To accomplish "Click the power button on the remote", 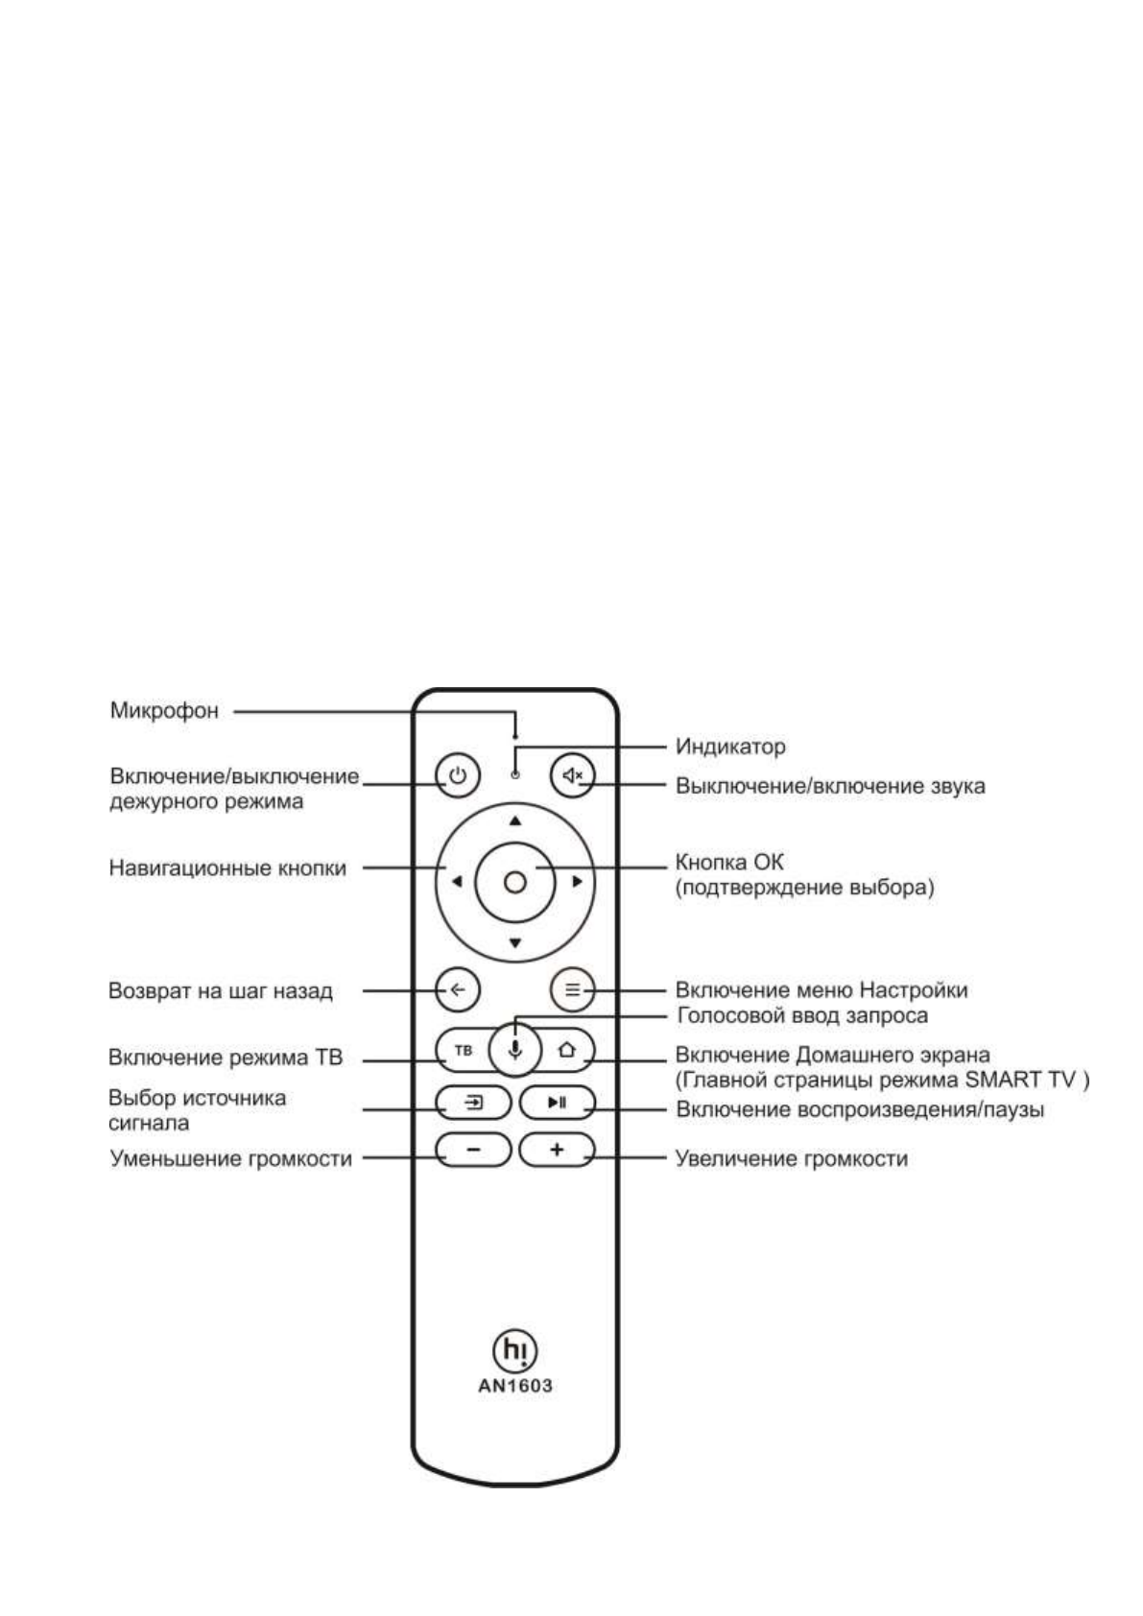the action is click(458, 774).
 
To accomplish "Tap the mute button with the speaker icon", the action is click(573, 774).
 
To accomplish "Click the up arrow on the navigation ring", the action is click(515, 820).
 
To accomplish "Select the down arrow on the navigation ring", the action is click(515, 942).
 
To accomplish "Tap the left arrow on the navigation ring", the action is click(456, 881).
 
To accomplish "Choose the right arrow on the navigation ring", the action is click(577, 881).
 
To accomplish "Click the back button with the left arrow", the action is click(458, 989).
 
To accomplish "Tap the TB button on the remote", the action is click(464, 1050).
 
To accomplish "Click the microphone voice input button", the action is click(515, 1050).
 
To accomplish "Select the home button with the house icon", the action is click(567, 1050).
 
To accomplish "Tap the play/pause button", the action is click(558, 1103).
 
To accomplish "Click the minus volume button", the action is click(474, 1150).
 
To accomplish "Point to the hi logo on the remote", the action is click(515, 1349).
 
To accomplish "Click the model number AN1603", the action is click(515, 1386).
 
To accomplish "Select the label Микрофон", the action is click(164, 711).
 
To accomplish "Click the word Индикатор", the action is click(730, 746).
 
